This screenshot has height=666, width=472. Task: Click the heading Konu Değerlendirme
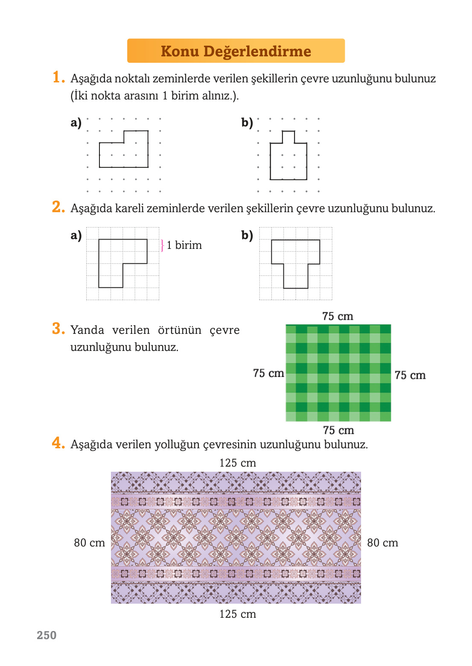tap(236, 51)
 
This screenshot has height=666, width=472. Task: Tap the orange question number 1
tap(58, 77)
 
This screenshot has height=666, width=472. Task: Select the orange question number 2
tap(58, 207)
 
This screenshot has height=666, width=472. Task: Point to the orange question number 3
tap(58, 329)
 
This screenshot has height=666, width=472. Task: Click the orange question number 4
tap(58, 443)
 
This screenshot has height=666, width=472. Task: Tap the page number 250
tap(47, 635)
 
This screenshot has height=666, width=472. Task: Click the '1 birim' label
tap(184, 245)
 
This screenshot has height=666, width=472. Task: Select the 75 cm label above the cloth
tap(338, 316)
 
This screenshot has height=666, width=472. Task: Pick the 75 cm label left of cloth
tap(268, 373)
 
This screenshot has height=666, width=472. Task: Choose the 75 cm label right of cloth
tap(410, 375)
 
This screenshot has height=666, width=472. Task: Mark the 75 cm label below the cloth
tap(338, 430)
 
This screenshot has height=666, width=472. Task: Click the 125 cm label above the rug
tap(237, 463)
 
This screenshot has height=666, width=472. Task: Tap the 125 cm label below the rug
tap(237, 614)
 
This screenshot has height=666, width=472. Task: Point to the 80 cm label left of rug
tap(89, 543)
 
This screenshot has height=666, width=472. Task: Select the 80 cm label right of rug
tap(382, 543)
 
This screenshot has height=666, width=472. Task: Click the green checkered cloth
tap(338, 373)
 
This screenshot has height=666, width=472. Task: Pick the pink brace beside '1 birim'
tap(162, 245)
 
